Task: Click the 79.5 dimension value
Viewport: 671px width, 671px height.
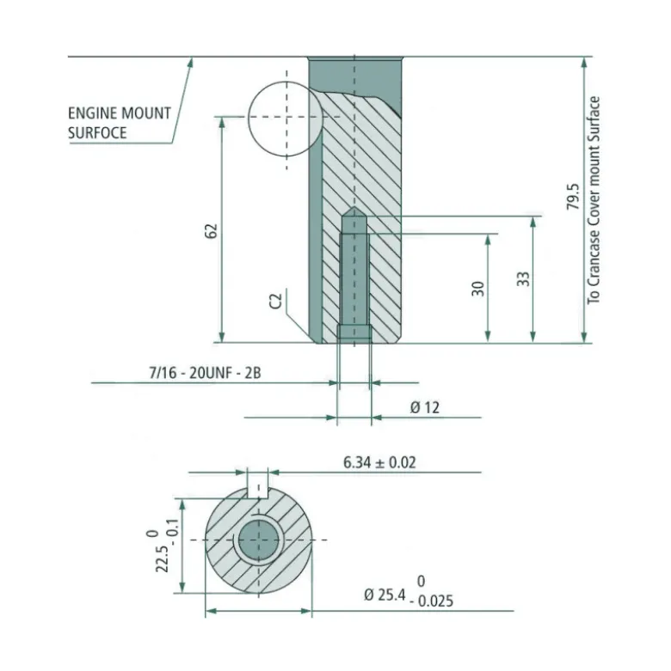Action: coord(573,198)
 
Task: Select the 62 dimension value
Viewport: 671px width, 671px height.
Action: coord(212,231)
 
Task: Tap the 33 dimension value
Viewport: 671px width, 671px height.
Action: coord(524,279)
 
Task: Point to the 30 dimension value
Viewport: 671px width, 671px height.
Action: coord(478,289)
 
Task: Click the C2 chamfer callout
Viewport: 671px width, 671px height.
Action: coord(277,301)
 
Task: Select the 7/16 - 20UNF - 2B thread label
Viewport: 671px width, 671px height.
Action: coord(205,373)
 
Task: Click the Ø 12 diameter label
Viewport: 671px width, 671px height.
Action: coord(425,407)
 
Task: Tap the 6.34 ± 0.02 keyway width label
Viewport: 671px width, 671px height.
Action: coord(379,462)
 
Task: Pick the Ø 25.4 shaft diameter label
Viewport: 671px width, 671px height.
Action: coord(385,595)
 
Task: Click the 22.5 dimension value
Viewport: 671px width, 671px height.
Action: coord(162,558)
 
